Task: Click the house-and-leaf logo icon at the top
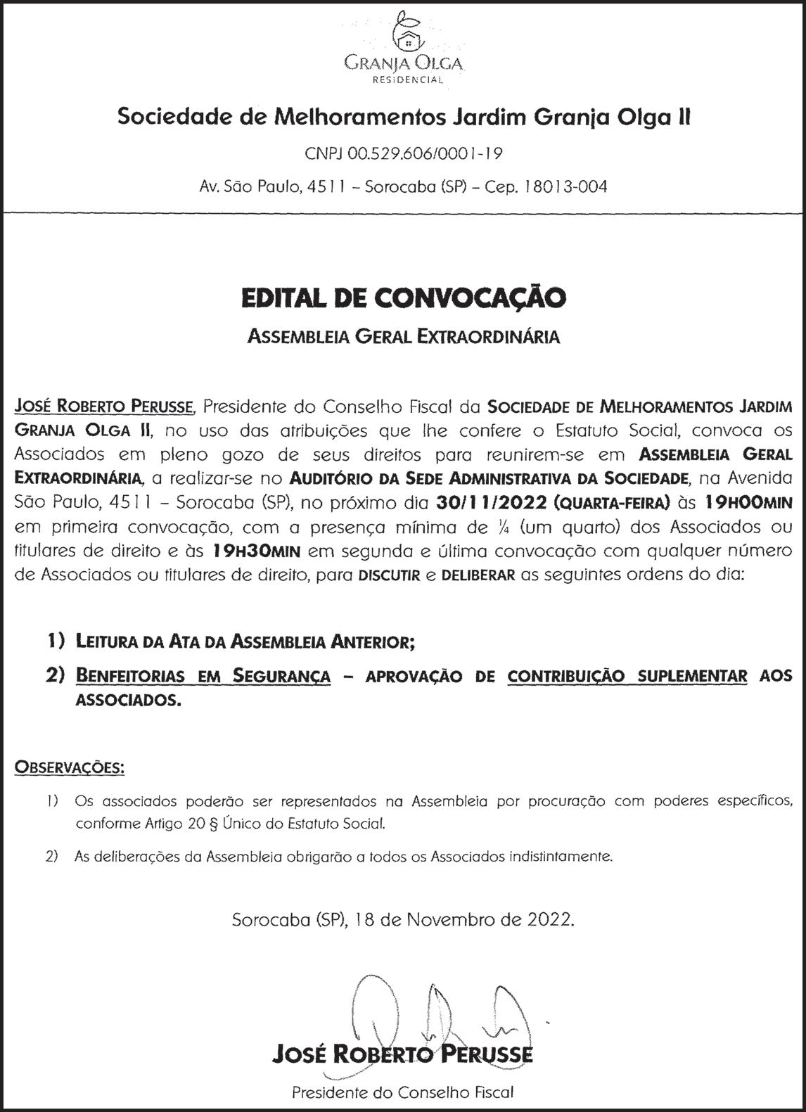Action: point(403,30)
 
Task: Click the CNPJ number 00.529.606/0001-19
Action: point(403,153)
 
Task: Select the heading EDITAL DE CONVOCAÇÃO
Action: point(403,298)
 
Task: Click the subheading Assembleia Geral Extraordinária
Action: point(403,337)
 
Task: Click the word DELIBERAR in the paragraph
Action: point(478,575)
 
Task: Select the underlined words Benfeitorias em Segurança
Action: point(203,677)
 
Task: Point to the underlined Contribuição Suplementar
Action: point(627,677)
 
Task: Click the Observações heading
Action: point(70,767)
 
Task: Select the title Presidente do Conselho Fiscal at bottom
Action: point(403,1092)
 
